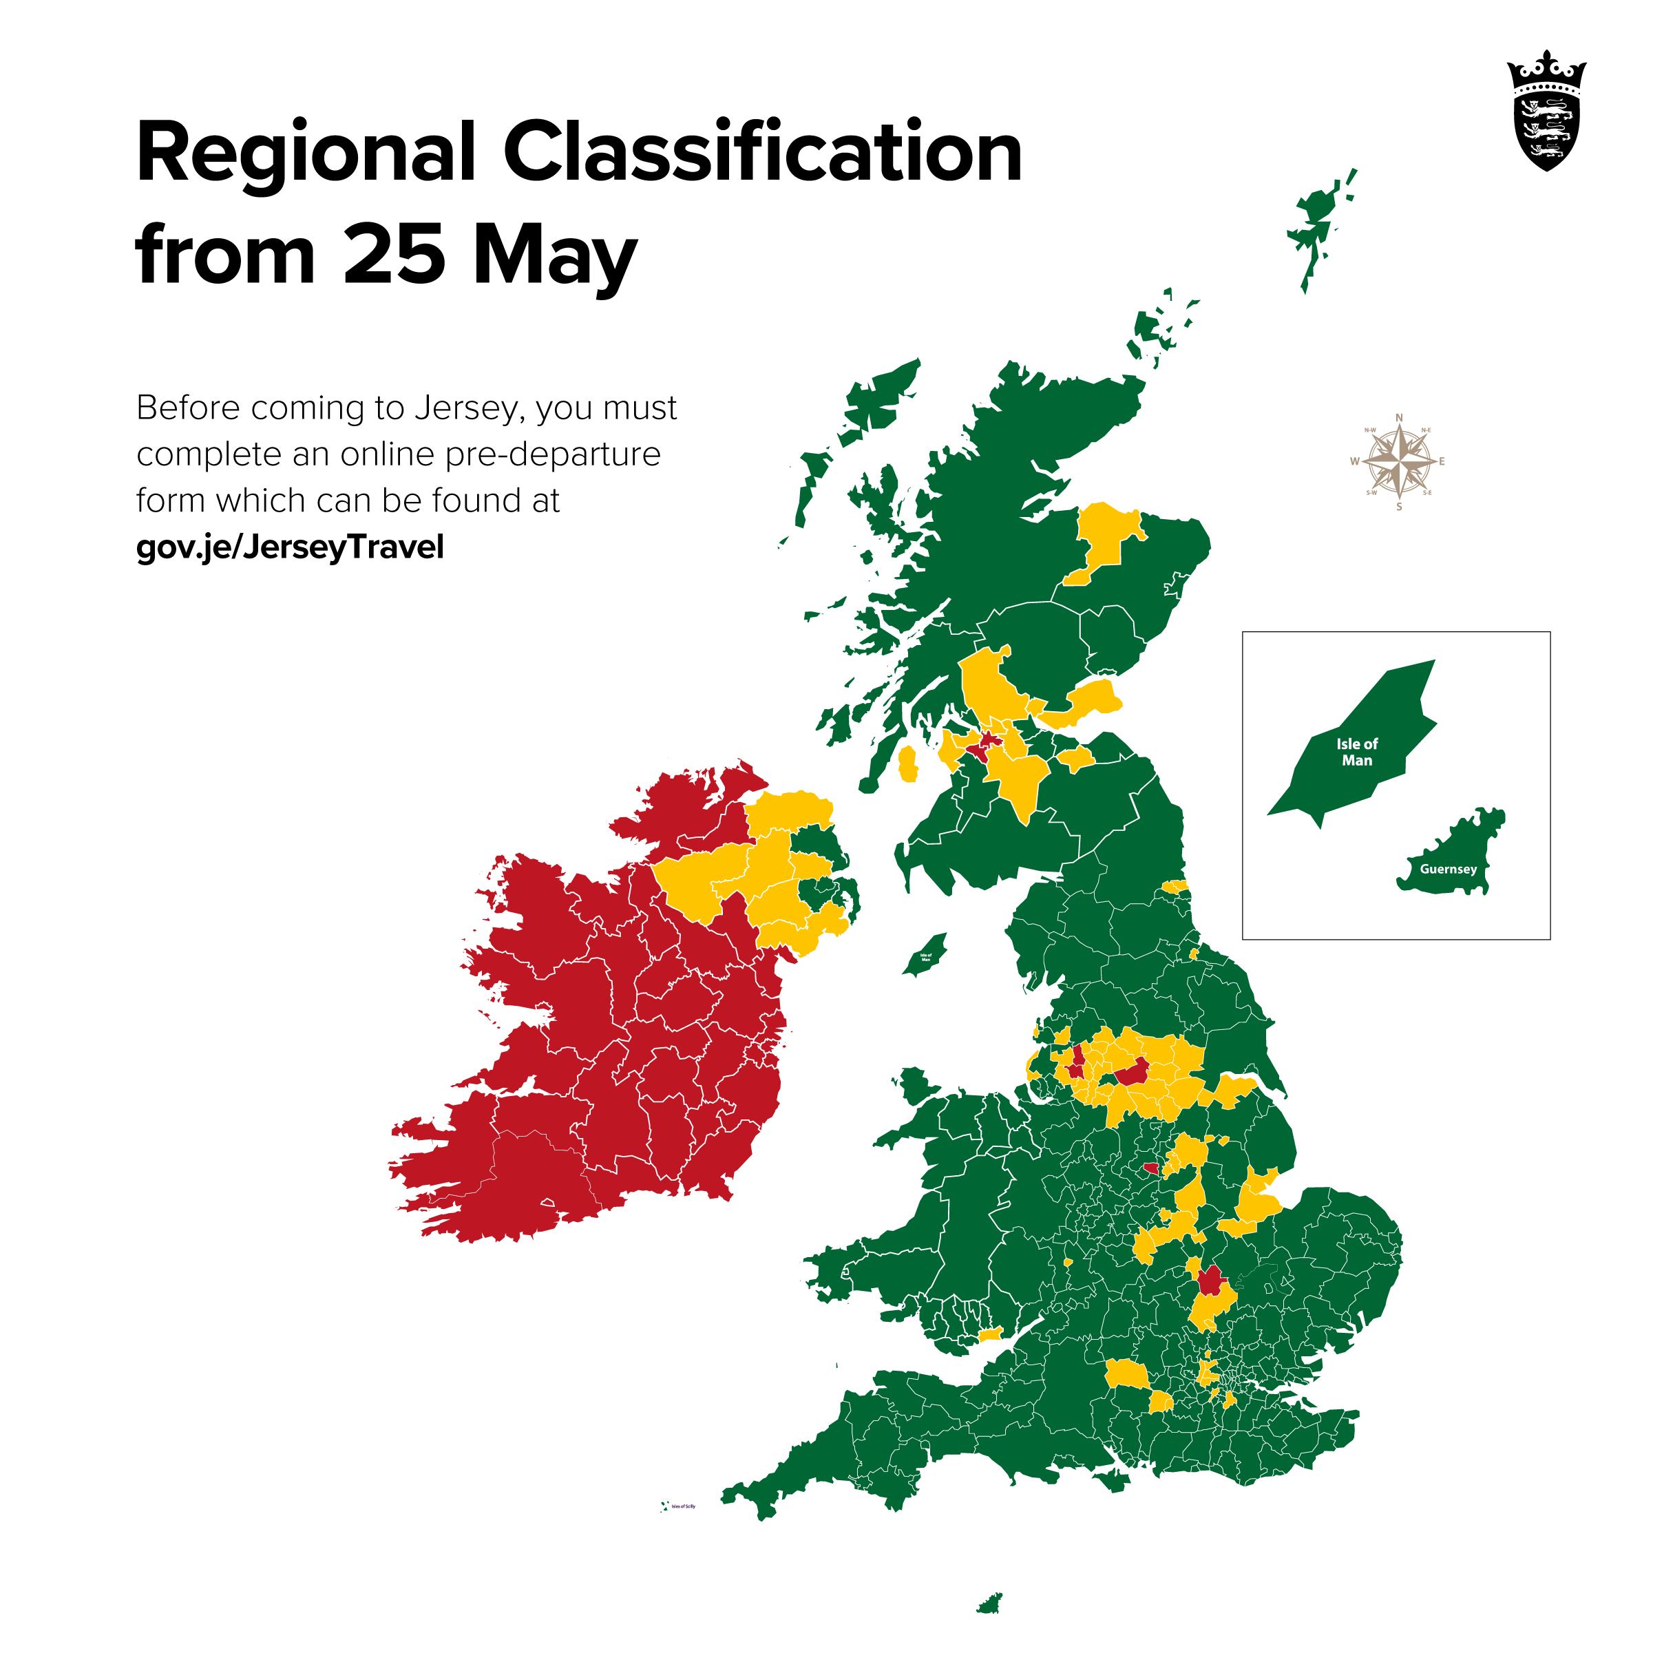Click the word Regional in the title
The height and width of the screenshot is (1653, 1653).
306,154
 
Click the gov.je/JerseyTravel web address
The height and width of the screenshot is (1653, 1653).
290,547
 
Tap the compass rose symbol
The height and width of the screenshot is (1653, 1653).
1399,461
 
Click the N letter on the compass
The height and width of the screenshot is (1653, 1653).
1399,417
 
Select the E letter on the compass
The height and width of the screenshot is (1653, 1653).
1442,461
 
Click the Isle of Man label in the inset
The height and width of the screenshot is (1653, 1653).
1357,752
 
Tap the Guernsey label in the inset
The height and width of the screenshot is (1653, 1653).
1448,870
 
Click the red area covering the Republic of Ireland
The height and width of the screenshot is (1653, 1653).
599,1026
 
